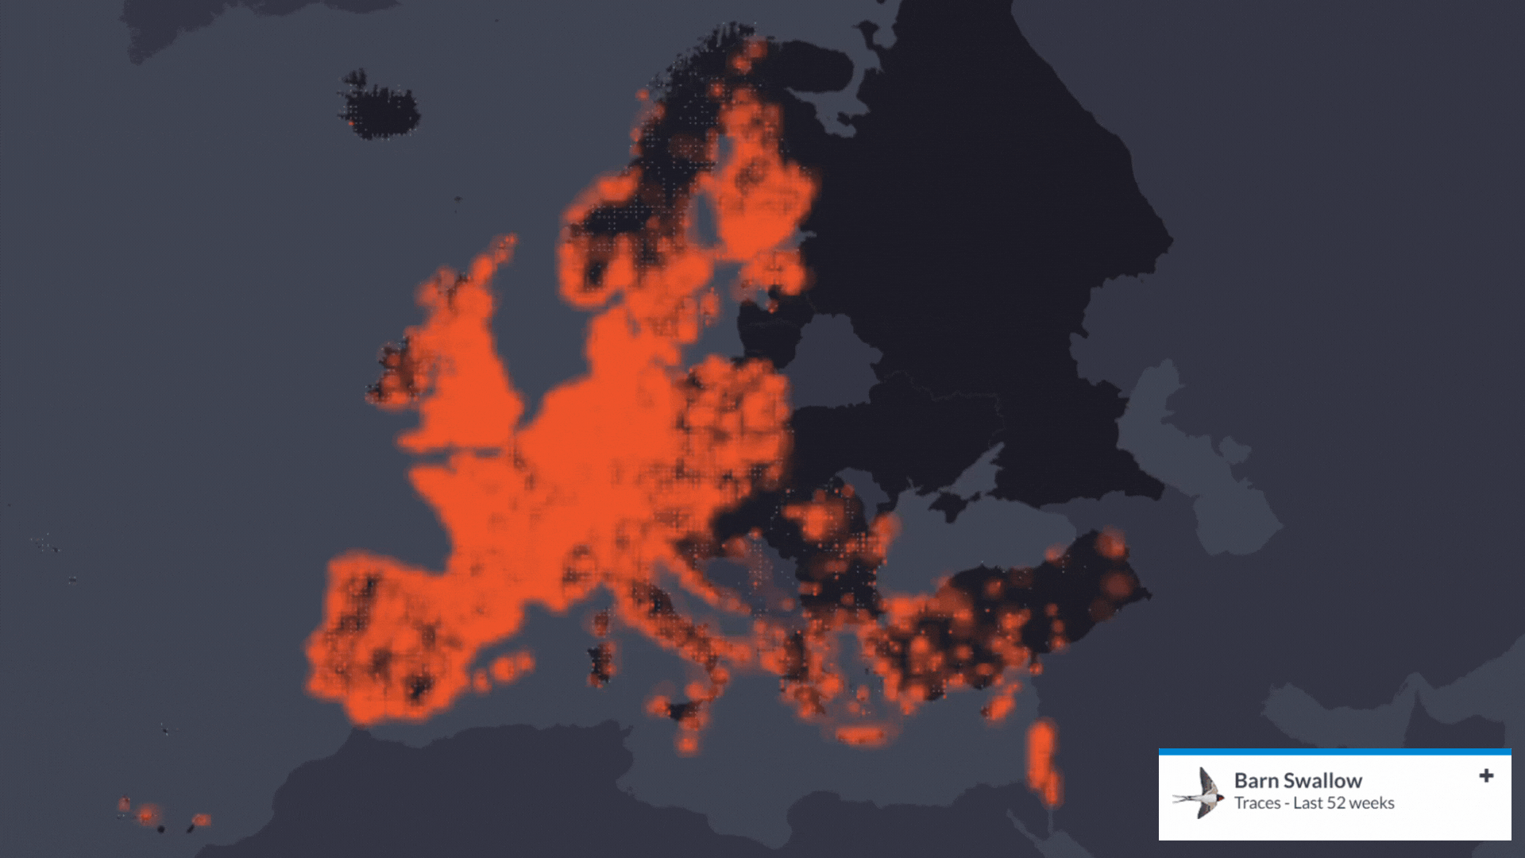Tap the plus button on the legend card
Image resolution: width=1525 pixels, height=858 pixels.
1486,776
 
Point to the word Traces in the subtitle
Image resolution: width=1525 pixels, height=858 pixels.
1257,803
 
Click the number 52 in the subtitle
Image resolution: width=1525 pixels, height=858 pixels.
1328,803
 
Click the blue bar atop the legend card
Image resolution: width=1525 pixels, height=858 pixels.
1334,752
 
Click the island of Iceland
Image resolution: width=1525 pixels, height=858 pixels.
379,107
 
